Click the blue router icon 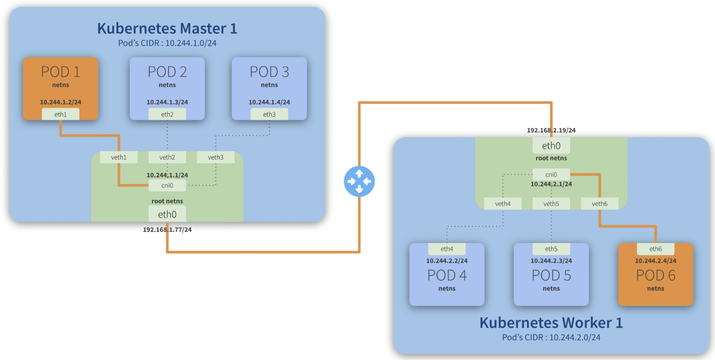(x=359, y=181)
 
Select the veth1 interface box (x=119, y=157)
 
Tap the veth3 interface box (x=216, y=157)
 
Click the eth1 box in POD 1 (x=60, y=114)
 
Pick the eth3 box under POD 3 (x=269, y=114)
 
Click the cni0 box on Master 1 (x=167, y=185)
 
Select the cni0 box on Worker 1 (x=551, y=174)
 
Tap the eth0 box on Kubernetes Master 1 (x=167, y=214)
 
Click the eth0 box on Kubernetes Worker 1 (x=551, y=146)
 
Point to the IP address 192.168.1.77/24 (x=167, y=230)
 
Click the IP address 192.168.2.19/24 (x=551, y=130)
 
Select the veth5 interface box (x=551, y=204)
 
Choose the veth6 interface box (x=599, y=204)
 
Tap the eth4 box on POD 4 (x=447, y=249)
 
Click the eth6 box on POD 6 (x=655, y=249)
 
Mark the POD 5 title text (x=551, y=275)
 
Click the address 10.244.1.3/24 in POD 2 (x=167, y=102)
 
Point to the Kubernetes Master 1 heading (x=167, y=28)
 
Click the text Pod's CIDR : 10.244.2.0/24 (x=551, y=337)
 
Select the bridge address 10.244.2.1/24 (x=551, y=184)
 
